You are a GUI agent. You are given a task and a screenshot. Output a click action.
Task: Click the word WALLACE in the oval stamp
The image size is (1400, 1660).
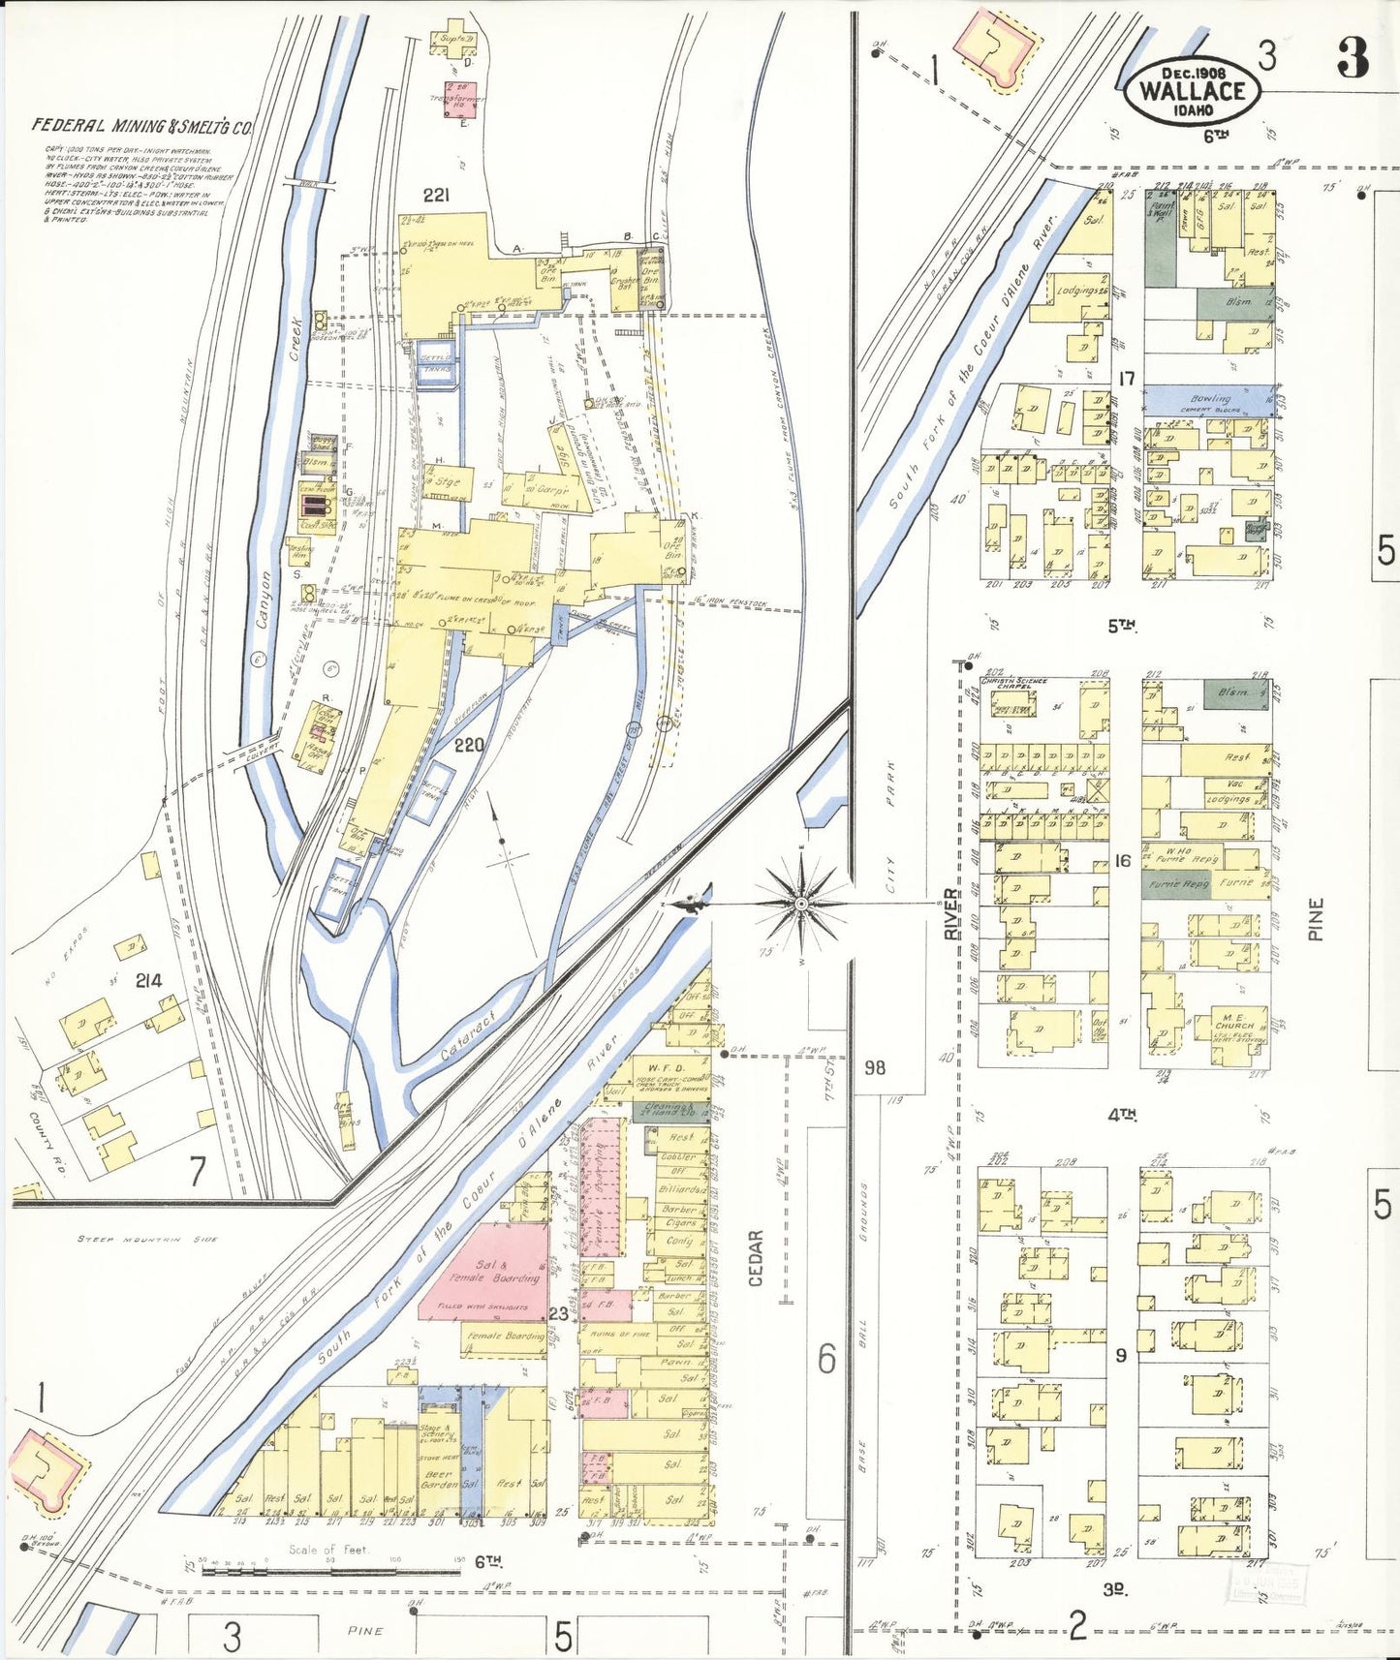pos(1192,91)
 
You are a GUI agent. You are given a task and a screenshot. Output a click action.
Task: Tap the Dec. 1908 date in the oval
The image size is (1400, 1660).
pos(1194,73)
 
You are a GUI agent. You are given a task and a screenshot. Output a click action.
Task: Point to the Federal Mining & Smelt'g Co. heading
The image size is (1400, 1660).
pos(141,125)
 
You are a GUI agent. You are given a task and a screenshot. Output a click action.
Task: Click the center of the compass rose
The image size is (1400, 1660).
pos(801,903)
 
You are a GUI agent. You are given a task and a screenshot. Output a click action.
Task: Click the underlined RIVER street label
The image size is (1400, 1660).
pos(951,913)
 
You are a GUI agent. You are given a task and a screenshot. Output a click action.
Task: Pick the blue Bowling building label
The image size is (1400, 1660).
pos(1210,397)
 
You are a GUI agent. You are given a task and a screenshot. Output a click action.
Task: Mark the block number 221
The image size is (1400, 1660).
pos(436,196)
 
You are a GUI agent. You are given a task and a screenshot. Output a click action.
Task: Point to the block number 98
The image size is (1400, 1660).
pos(875,1067)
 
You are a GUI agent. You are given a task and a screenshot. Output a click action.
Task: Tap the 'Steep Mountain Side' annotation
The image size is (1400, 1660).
pos(148,1239)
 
